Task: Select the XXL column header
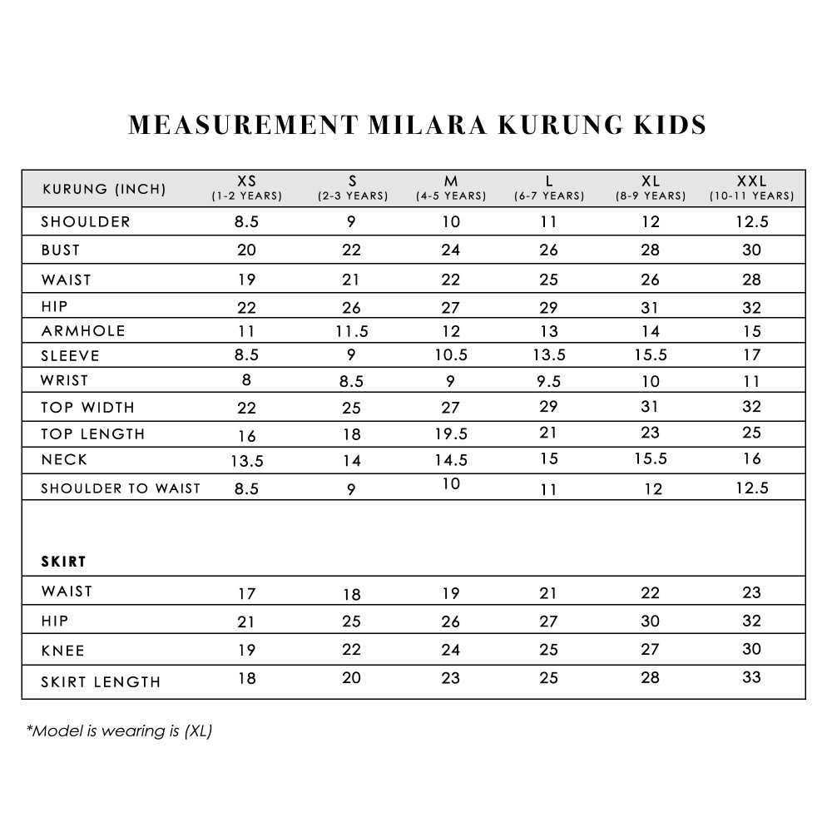coord(751,181)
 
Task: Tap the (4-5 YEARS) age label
coord(451,196)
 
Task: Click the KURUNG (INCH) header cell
coord(104,189)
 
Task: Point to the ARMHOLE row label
coord(83,330)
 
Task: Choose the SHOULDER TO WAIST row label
coord(121,488)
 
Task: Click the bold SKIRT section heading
coord(64,562)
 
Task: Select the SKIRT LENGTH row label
coord(101,682)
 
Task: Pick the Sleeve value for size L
coord(549,355)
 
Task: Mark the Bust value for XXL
coord(751,250)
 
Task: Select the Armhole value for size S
coord(352,332)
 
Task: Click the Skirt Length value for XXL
coord(751,677)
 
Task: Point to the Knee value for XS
coord(246,650)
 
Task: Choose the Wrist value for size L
coord(549,382)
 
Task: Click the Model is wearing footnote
coord(120,731)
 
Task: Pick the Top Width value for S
coord(352,409)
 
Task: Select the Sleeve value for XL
coord(651,355)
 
